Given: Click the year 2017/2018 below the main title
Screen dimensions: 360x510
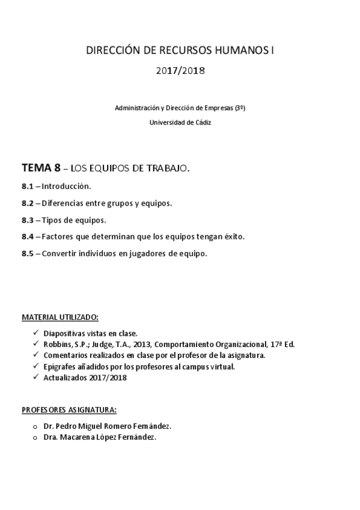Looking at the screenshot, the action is (180, 71).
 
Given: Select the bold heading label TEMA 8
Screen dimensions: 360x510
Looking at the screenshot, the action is (40, 168).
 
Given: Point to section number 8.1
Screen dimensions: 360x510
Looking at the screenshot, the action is (28, 186).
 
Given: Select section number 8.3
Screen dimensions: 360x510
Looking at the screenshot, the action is (28, 220).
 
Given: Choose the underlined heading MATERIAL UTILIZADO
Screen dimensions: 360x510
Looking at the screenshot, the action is (60, 316).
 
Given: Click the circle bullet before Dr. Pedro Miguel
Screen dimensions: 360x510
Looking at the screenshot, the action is (35, 426).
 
